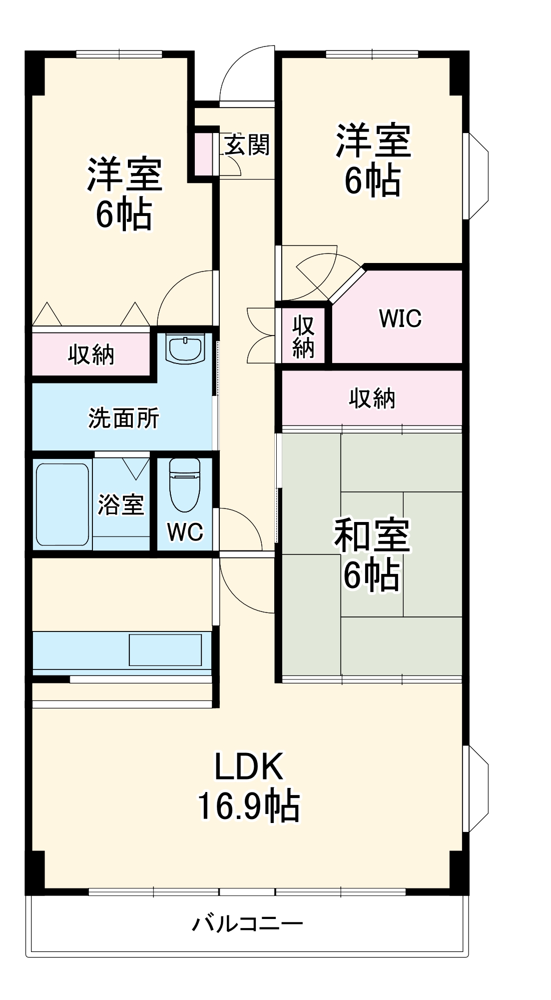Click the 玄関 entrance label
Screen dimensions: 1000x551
pyautogui.click(x=247, y=145)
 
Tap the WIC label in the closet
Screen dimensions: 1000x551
pyautogui.click(x=400, y=318)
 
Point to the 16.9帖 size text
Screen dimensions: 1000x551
pyautogui.click(x=249, y=806)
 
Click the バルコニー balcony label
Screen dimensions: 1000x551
pyautogui.click(x=248, y=923)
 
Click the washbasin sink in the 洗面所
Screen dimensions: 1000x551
pyautogui.click(x=185, y=348)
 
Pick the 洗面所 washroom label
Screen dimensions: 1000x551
pyautogui.click(x=123, y=418)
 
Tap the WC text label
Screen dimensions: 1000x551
pyautogui.click(x=185, y=532)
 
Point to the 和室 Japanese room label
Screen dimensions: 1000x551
pyautogui.click(x=372, y=535)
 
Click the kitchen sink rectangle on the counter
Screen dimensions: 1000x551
pyautogui.click(x=165, y=649)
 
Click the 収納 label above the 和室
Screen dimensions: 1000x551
pyautogui.click(x=372, y=398)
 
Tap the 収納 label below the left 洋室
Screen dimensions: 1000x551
pyautogui.click(x=91, y=354)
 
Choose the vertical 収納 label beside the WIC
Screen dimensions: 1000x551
pyautogui.click(x=303, y=336)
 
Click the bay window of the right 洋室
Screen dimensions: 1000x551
pyautogui.click(x=477, y=175)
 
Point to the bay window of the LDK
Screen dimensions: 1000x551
pyautogui.click(x=477, y=788)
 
